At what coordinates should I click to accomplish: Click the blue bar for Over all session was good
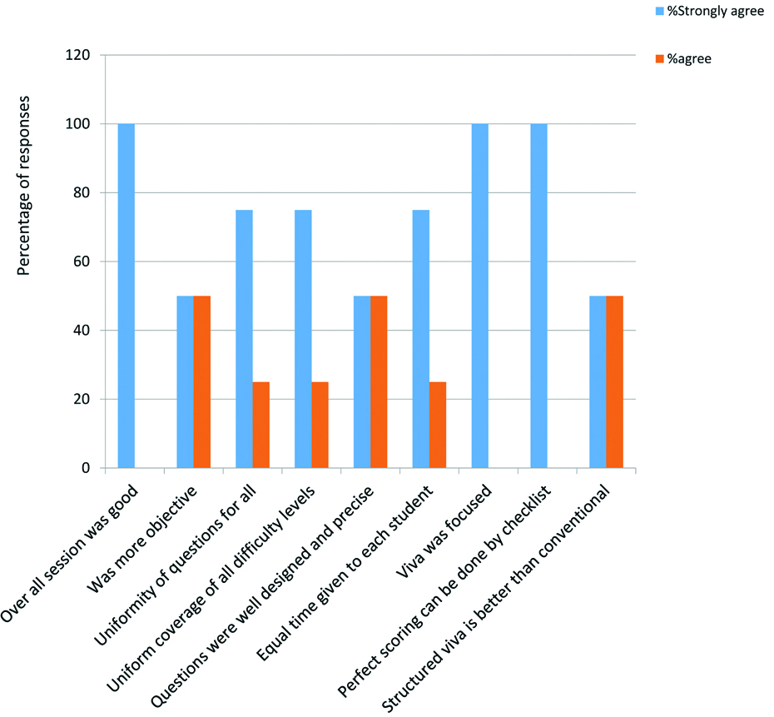127,296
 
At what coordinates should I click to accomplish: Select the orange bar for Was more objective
202,381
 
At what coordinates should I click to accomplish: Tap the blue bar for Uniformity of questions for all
244,339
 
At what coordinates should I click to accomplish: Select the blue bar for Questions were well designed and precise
362,381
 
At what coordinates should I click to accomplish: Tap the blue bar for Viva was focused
480,296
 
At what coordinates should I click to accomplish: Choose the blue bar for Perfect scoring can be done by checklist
539,296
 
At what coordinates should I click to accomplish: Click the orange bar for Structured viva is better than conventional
615,381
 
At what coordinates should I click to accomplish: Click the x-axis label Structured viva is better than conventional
499,600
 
